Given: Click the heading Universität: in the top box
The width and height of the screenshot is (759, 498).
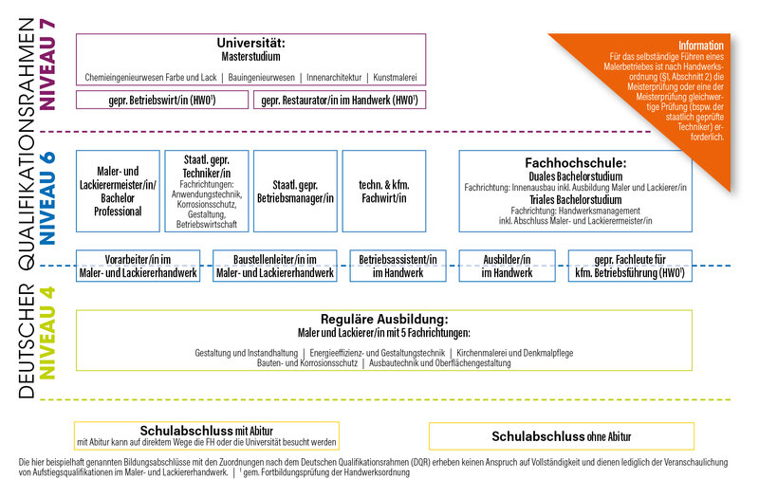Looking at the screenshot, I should click(x=250, y=44).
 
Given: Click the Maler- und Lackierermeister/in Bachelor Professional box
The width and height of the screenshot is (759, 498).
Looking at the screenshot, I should click(x=119, y=191).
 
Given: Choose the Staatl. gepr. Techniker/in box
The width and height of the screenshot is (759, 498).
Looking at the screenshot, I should click(x=207, y=191).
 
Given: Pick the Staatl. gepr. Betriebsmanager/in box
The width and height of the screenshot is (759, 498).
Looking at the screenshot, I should click(x=295, y=191).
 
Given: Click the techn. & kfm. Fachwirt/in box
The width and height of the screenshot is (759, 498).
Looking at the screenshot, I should click(x=383, y=191).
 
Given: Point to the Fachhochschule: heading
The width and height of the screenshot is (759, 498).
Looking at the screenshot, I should click(x=576, y=162).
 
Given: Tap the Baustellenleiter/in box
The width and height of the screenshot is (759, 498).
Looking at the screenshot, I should click(x=275, y=266).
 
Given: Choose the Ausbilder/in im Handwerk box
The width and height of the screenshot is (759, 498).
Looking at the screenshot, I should click(x=508, y=266).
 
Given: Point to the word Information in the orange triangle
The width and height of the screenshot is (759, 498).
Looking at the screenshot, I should click(x=700, y=46).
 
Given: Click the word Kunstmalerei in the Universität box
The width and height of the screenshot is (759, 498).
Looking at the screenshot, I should click(x=394, y=76).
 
